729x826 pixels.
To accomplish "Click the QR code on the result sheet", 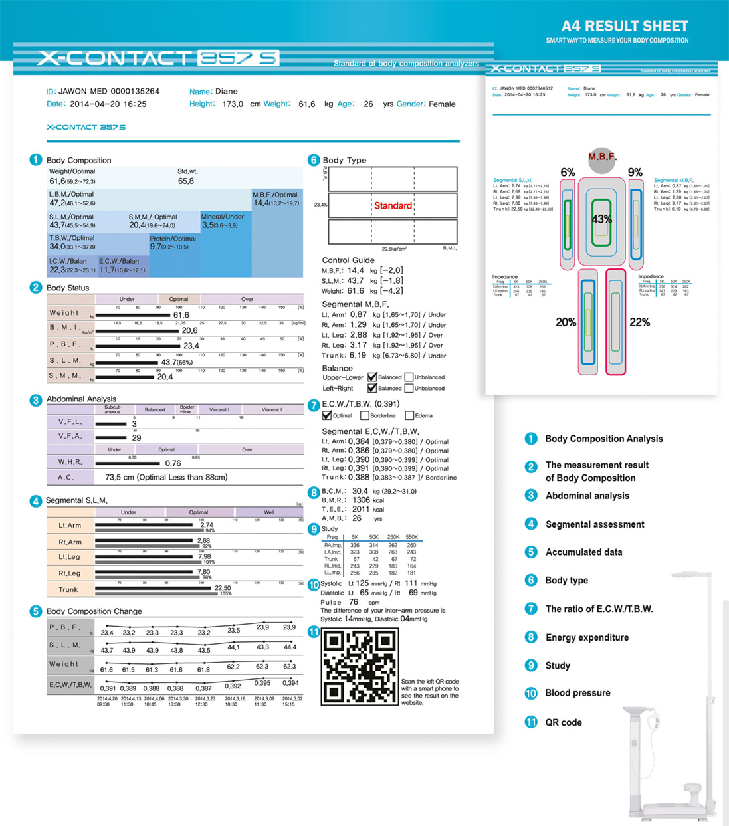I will tap(360, 666).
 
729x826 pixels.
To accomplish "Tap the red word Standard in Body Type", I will tap(393, 206).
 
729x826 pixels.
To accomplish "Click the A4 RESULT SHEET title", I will tap(624, 26).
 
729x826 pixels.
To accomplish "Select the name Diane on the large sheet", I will tap(227, 92).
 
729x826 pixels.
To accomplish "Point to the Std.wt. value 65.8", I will tap(186, 181).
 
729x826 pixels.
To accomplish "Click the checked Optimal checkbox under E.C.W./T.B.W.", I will tap(327, 415).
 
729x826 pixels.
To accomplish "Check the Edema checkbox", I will tap(409, 415).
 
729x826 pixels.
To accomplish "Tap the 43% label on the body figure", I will tap(601, 219).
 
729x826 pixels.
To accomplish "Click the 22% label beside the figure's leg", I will tap(639, 322).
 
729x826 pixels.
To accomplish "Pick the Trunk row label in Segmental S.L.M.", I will tap(68, 589).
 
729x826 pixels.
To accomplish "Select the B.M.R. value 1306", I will tap(361, 500).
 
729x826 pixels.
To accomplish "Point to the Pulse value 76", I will tap(354, 602).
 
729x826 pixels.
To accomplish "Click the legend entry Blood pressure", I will tap(577, 693).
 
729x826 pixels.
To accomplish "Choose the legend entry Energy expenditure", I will tap(587, 637).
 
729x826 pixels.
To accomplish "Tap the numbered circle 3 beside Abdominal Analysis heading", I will tap(36, 400).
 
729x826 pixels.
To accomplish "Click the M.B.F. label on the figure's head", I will tap(602, 157).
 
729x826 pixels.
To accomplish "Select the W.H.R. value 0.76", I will tap(173, 463).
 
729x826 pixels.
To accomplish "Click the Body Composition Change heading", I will tap(94, 611).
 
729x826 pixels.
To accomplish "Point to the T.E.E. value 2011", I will tap(361, 509).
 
